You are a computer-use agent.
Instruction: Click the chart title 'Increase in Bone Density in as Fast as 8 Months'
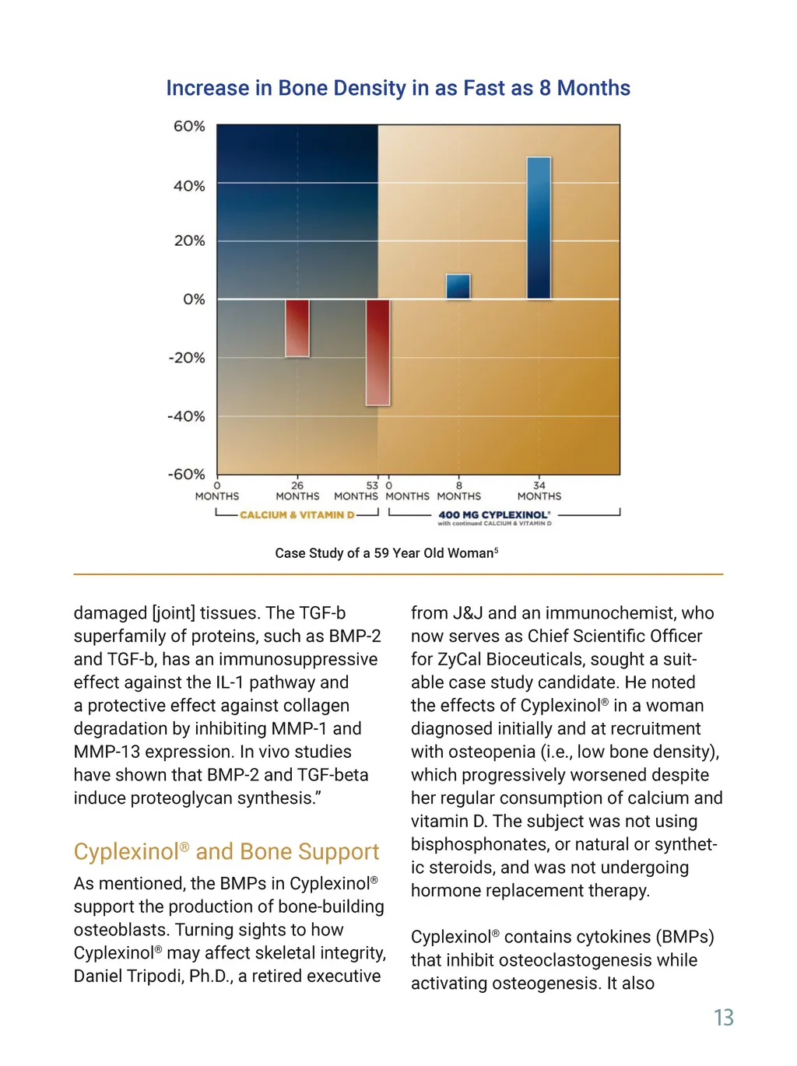[x=398, y=88]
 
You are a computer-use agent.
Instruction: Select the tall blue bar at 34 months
[x=539, y=228]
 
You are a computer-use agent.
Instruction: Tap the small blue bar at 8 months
[x=458, y=286]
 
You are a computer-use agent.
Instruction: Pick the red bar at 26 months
[x=297, y=328]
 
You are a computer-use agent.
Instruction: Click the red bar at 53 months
[x=377, y=352]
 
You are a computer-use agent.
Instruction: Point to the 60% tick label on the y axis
[x=189, y=126]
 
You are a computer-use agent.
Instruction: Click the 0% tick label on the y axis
[x=194, y=300]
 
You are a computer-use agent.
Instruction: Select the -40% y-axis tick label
[x=187, y=416]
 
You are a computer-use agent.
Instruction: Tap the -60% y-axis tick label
[x=187, y=474]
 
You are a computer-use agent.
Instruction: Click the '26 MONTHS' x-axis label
[x=297, y=491]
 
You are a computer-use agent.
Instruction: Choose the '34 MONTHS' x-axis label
[x=539, y=491]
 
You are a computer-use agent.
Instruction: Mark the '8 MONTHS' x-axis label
[x=458, y=491]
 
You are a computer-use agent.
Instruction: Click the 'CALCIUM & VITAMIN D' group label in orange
[x=297, y=515]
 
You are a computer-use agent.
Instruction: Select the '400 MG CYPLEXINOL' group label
[x=493, y=515]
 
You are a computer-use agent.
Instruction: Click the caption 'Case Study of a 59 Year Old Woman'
[x=386, y=553]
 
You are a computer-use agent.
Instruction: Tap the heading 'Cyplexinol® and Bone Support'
[x=226, y=852]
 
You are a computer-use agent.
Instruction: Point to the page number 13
[x=723, y=1018]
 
